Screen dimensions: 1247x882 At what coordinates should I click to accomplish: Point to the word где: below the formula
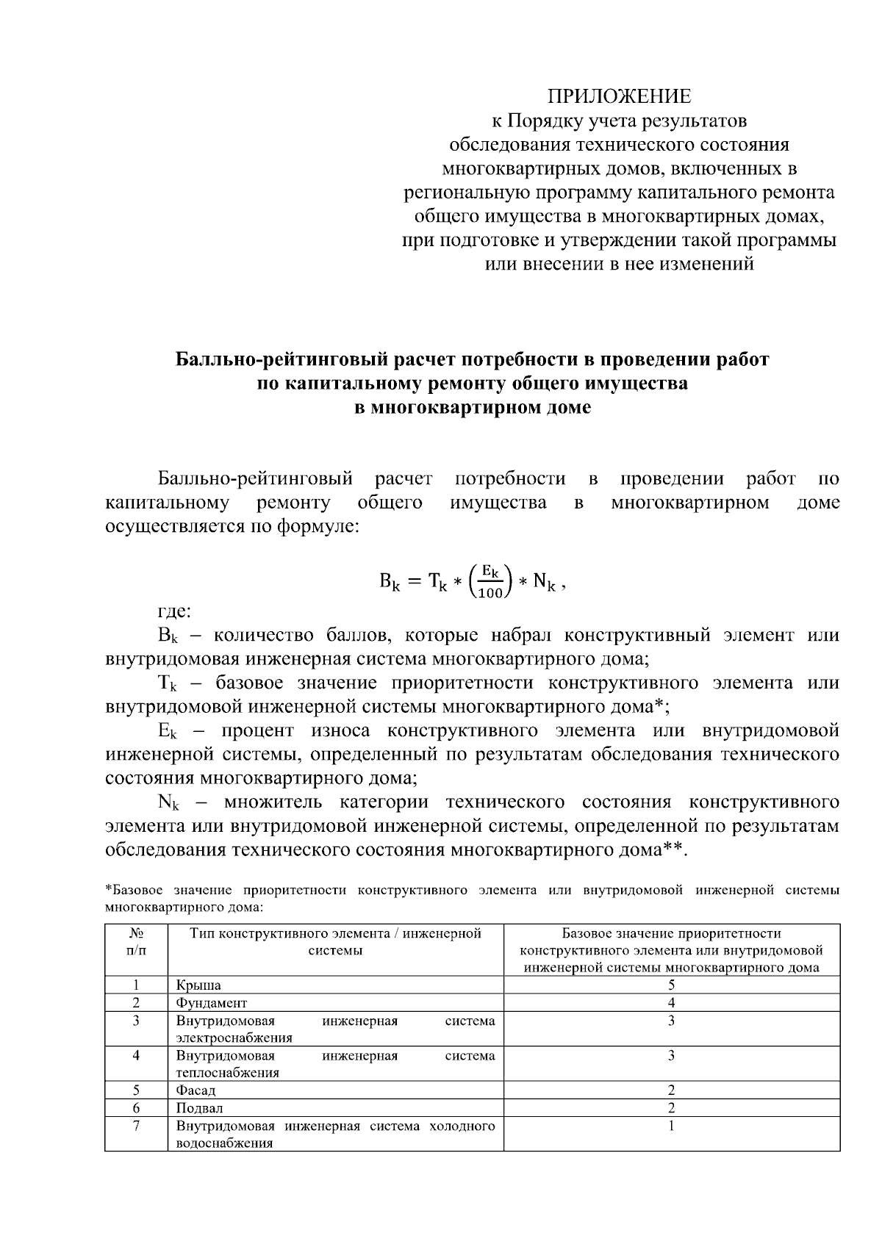pos(175,611)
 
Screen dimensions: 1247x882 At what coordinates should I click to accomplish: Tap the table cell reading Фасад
pos(196,1090)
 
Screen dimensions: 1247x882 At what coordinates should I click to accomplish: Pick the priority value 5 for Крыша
pos(671,985)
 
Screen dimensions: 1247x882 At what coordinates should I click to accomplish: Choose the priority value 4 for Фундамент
pos(671,1002)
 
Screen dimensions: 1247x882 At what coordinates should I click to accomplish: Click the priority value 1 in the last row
pos(671,1126)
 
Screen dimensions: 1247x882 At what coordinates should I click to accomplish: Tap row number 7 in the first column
pos(136,1126)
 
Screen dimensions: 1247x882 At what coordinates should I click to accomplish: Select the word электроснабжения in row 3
pos(234,1038)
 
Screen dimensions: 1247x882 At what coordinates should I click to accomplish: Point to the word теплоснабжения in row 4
pos(227,1073)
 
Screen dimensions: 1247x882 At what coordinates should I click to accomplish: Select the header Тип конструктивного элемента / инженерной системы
pos(335,942)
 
